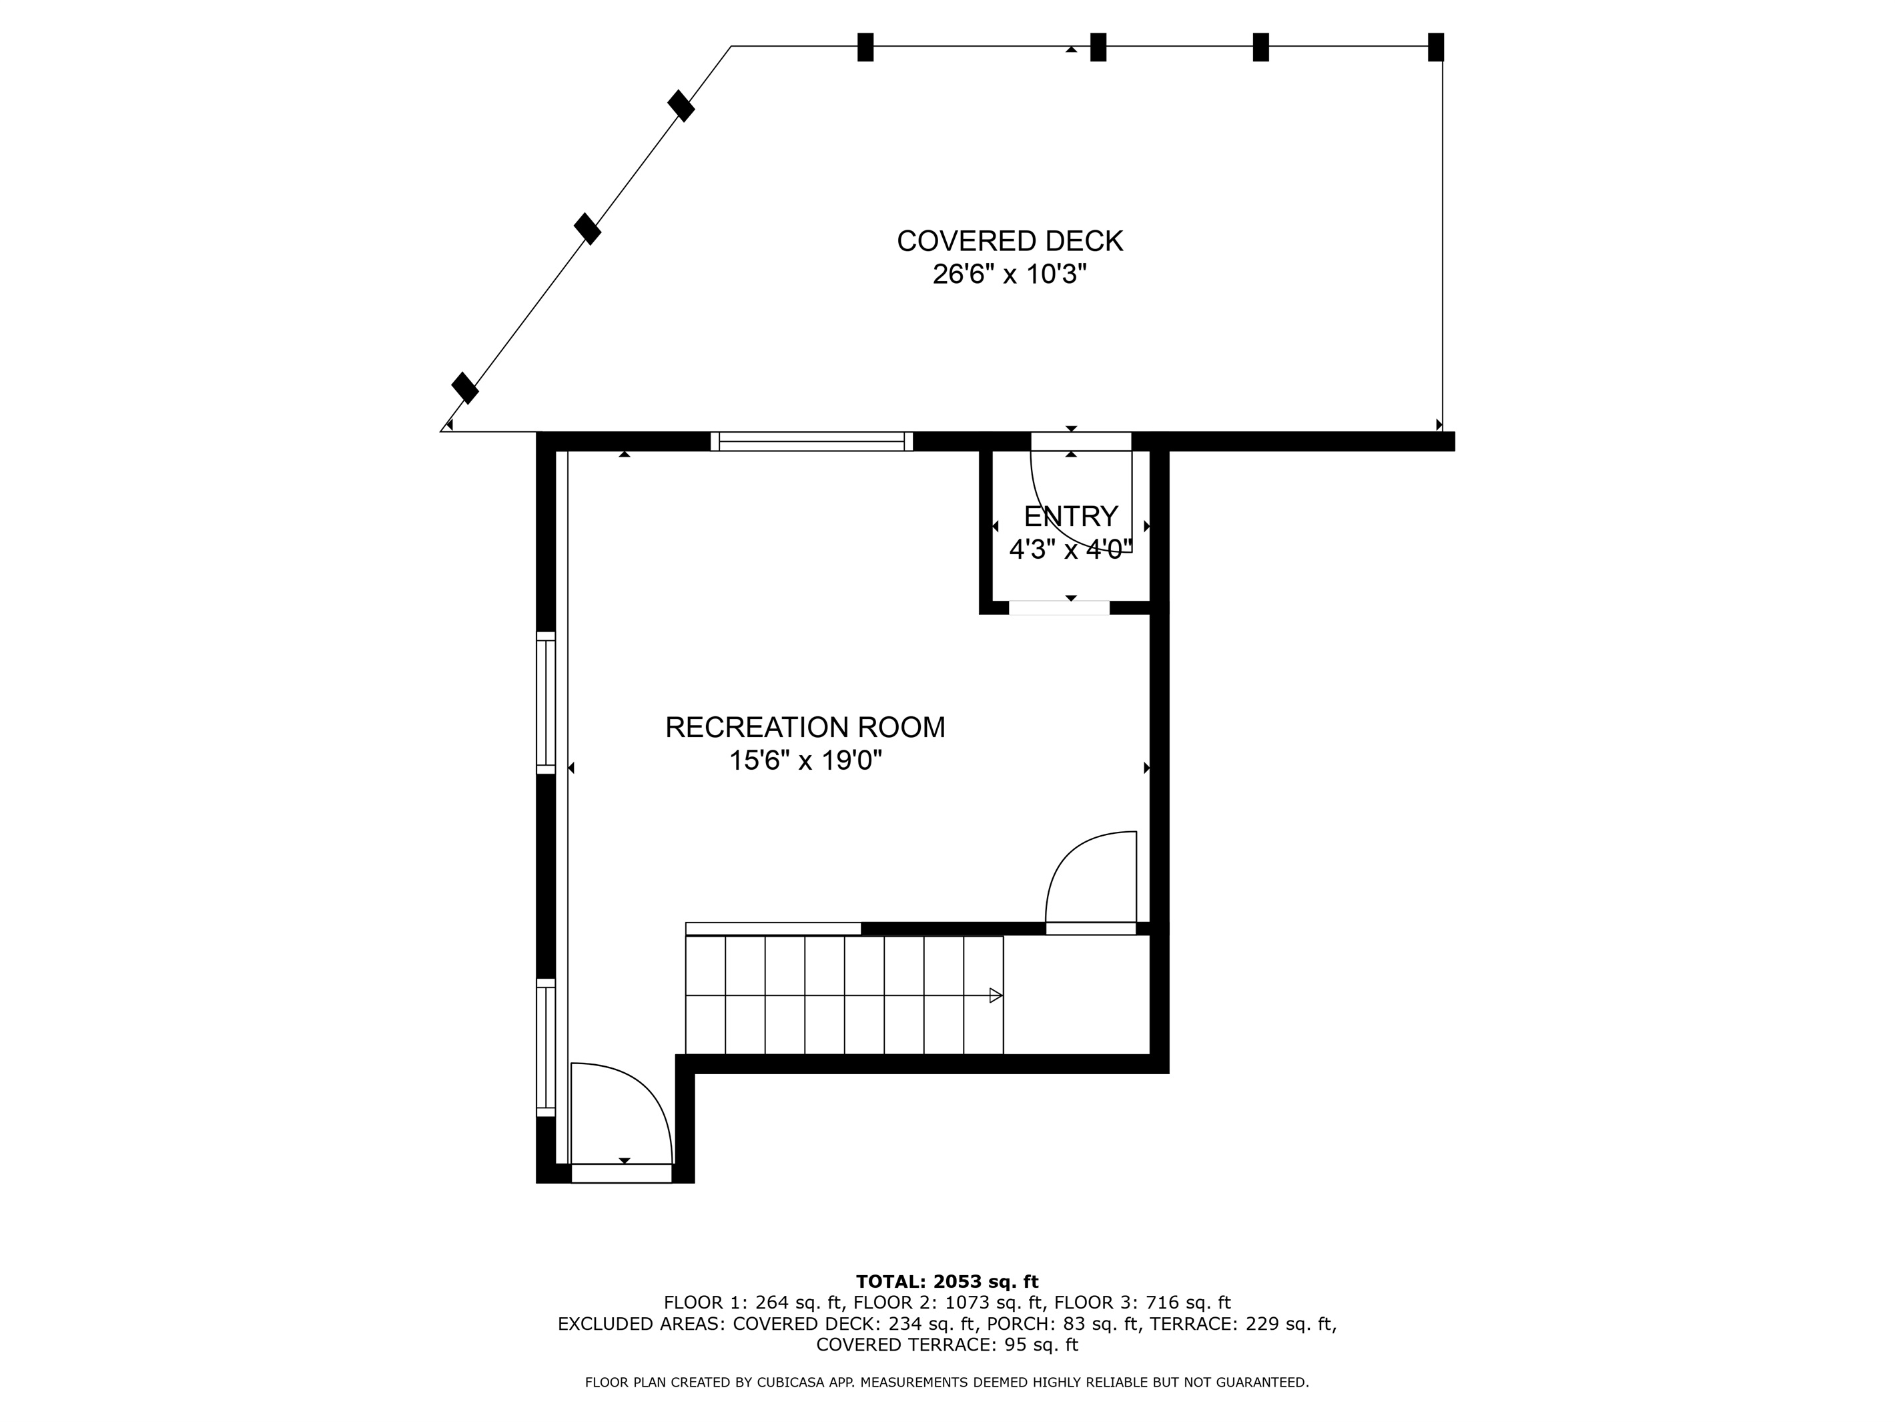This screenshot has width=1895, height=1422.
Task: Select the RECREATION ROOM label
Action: click(805, 727)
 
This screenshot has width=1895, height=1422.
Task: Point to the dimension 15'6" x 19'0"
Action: click(805, 760)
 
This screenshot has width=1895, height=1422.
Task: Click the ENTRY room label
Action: click(1071, 516)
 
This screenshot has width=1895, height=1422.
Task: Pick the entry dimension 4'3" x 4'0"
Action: click(1071, 549)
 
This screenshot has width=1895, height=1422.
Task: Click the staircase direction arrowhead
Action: click(996, 995)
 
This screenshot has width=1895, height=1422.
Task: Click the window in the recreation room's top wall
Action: click(811, 441)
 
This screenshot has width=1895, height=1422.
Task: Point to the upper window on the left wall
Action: click(546, 703)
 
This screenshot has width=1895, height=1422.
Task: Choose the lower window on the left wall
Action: click(546, 1047)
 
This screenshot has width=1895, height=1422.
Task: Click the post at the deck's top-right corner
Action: click(1436, 47)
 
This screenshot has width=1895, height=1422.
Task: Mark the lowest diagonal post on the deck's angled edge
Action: click(465, 387)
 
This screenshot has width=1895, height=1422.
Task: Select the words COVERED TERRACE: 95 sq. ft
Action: click(947, 1345)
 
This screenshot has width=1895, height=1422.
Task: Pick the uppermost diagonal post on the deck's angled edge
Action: click(681, 106)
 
